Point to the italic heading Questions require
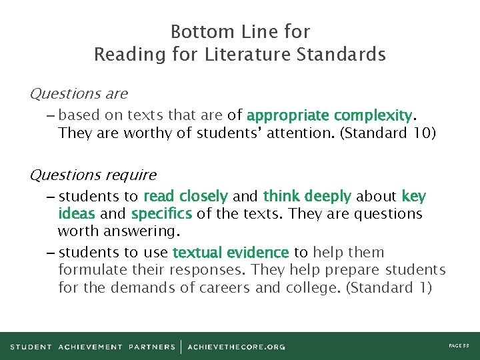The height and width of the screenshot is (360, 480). click(93, 175)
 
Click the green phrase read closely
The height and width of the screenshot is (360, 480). click(185, 197)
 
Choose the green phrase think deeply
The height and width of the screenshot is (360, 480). click(307, 197)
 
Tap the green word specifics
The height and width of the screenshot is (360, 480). click(161, 214)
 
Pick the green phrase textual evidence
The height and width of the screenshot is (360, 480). click(230, 253)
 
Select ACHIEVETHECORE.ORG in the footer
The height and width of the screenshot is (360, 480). click(237, 347)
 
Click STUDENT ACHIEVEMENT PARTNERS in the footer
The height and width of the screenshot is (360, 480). click(93, 347)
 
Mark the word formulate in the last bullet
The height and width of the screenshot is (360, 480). click(90, 270)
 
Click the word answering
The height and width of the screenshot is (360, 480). click(151, 231)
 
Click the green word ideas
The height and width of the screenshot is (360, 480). click(76, 214)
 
